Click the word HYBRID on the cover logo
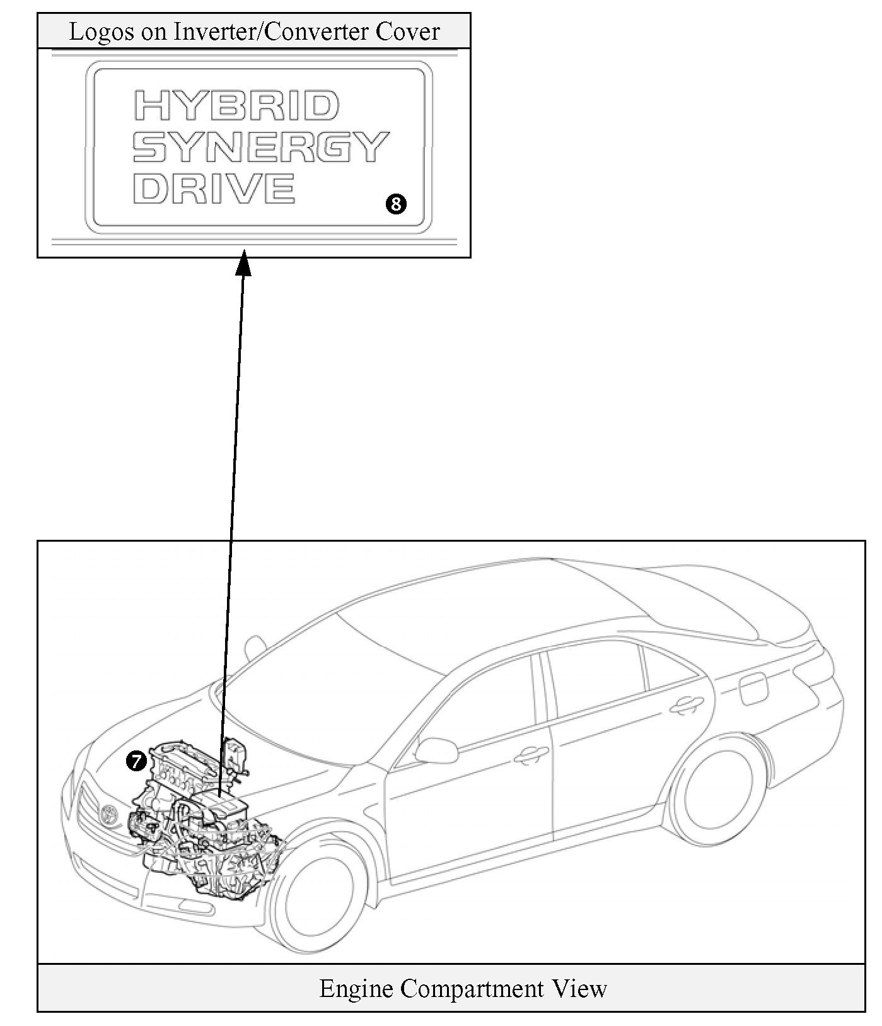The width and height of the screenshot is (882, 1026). coord(236,105)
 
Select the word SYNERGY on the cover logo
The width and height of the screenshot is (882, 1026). coord(260,147)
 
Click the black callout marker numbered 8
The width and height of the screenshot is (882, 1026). coord(396,204)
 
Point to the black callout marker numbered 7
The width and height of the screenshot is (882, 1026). coord(136,761)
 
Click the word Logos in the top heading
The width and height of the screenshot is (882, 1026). coord(102,32)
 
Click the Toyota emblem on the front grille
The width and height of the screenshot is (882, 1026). coord(109,813)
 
